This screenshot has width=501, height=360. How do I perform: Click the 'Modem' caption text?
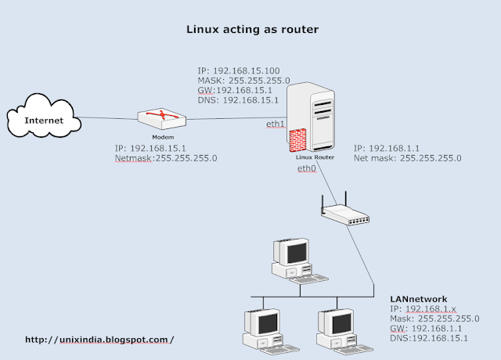click(162, 136)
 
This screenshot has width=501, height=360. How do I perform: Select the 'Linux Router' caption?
click(316, 157)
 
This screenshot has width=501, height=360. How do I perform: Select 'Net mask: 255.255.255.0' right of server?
click(407, 157)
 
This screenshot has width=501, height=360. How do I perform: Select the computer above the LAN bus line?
click(291, 259)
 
